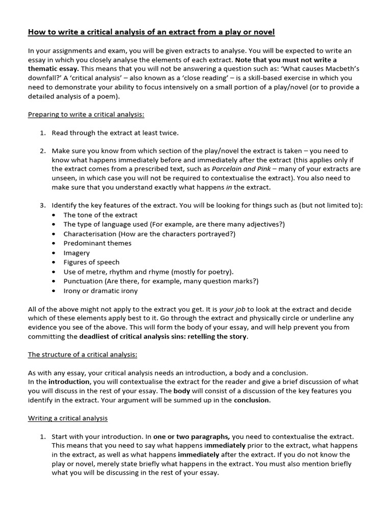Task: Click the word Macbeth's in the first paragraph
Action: click(x=339, y=68)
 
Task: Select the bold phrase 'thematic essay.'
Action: click(x=54, y=68)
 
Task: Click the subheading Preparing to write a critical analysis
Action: click(x=86, y=114)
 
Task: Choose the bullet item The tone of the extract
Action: click(x=100, y=215)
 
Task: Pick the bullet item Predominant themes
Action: click(x=97, y=243)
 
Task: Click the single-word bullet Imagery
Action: click(x=77, y=253)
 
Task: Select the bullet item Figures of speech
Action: click(x=91, y=263)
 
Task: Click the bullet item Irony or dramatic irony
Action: click(x=100, y=291)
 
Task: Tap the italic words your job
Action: click(x=233, y=310)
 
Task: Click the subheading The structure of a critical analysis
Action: click(x=82, y=354)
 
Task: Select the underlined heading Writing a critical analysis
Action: click(x=67, y=418)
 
